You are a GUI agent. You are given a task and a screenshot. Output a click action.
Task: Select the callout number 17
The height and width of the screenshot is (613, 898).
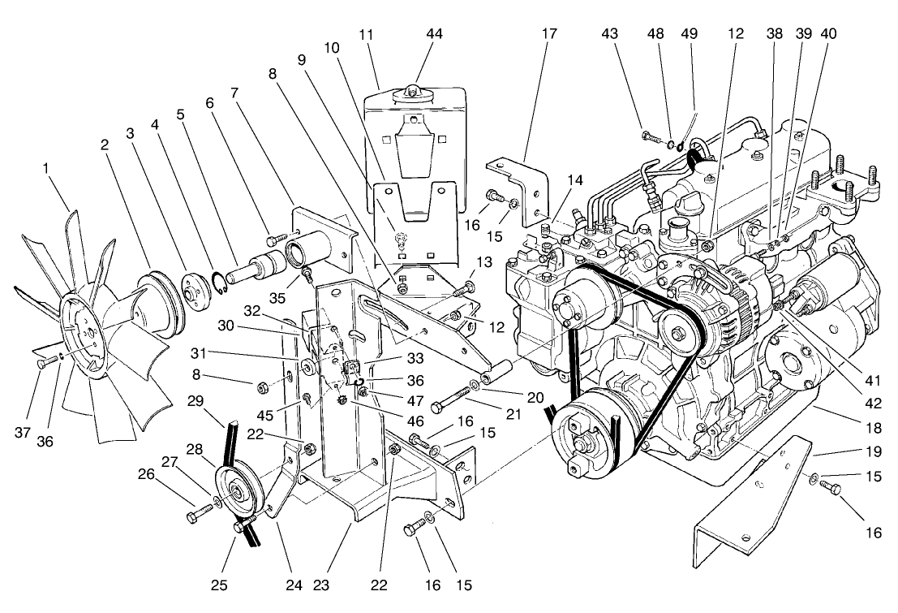549,34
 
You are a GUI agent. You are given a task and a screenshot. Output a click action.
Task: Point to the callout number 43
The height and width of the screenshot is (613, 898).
611,34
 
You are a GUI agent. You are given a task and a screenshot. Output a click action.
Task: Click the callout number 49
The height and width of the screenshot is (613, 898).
690,34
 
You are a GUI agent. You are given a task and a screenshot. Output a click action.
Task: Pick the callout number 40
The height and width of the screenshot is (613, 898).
829,34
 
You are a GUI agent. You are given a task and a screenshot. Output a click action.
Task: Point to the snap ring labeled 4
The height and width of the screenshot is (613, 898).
219,281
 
